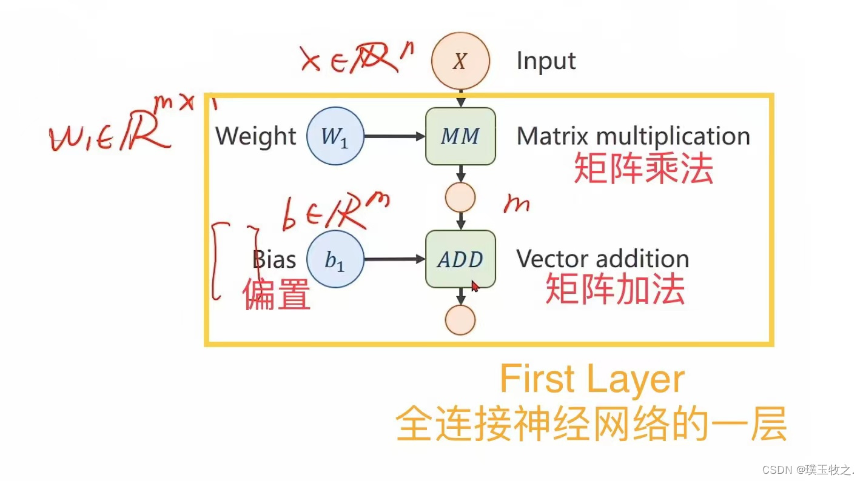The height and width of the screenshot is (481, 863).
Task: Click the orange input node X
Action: pyautogui.click(x=460, y=61)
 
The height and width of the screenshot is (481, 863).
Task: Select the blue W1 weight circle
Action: pyautogui.click(x=335, y=137)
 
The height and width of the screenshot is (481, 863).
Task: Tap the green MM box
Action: pyautogui.click(x=461, y=136)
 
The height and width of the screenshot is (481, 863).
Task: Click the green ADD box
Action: pyautogui.click(x=461, y=259)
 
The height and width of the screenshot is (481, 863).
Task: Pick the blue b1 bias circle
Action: pyautogui.click(x=335, y=260)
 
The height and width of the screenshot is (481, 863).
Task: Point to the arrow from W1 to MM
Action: pyautogui.click(x=394, y=137)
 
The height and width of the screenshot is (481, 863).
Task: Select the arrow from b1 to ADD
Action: pyautogui.click(x=394, y=260)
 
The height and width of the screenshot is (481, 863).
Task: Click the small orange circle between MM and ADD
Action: pyautogui.click(x=460, y=197)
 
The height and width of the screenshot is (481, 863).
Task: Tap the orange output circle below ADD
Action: pyautogui.click(x=460, y=320)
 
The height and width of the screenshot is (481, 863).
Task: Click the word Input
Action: pyautogui.click(x=546, y=61)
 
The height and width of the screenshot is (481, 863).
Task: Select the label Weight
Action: pyautogui.click(x=255, y=136)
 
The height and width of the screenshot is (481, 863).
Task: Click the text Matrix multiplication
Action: pyautogui.click(x=633, y=136)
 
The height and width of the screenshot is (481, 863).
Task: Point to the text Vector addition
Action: pyautogui.click(x=602, y=259)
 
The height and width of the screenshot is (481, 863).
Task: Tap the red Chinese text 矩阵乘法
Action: pyautogui.click(x=643, y=168)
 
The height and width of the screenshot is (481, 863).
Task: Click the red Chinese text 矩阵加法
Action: pyautogui.click(x=615, y=290)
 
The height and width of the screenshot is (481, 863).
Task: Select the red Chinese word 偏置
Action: pyautogui.click(x=277, y=295)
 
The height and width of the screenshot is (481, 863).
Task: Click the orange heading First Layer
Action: pyautogui.click(x=592, y=380)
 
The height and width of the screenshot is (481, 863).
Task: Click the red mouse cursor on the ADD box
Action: pyautogui.click(x=475, y=285)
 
